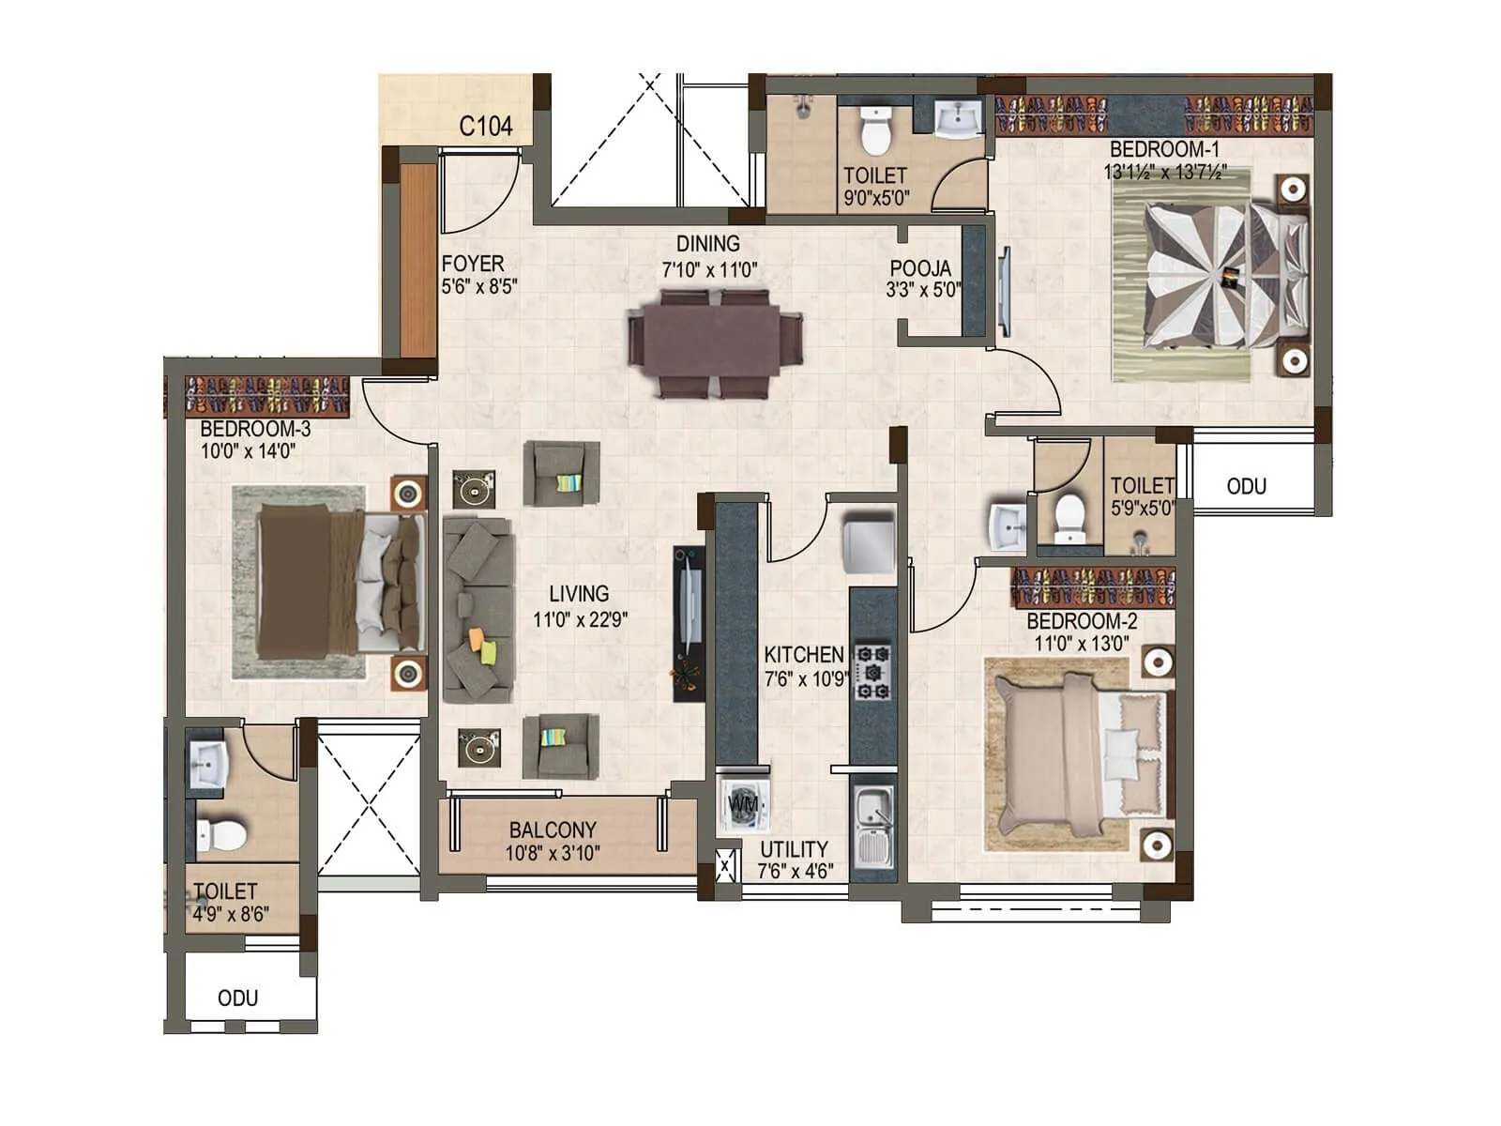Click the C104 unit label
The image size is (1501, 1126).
click(x=485, y=126)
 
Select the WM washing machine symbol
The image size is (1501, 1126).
click(x=744, y=804)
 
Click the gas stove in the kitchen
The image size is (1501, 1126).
click(x=872, y=671)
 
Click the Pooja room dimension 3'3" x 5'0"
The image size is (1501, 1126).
click(x=923, y=290)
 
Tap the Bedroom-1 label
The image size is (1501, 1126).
click(x=1163, y=149)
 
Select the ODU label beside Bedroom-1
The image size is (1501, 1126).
click(x=1246, y=486)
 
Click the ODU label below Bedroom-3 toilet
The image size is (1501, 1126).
click(x=237, y=997)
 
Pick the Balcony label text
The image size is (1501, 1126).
click(x=553, y=830)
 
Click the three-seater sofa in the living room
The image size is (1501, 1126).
click(x=478, y=610)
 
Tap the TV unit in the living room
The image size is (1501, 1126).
click(x=688, y=623)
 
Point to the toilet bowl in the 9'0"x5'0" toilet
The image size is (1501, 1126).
click(x=875, y=130)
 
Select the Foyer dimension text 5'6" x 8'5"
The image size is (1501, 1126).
click(x=479, y=287)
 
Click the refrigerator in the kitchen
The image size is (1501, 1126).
click(x=868, y=542)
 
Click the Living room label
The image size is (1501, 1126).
click(x=579, y=594)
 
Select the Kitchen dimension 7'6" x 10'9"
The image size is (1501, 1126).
click(x=805, y=678)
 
